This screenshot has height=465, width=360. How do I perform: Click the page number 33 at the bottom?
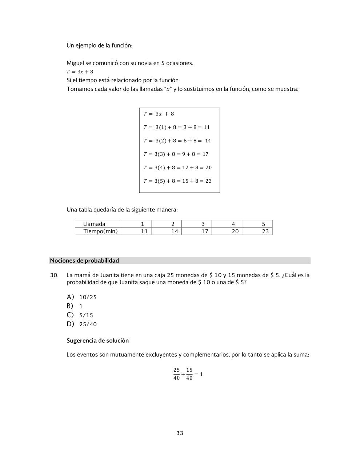coord(180,433)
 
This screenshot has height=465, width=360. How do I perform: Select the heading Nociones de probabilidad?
coord(84,260)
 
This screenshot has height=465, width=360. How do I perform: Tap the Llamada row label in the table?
coord(94,224)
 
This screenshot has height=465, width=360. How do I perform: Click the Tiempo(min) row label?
coord(100,231)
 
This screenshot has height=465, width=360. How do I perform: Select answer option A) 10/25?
coord(82,297)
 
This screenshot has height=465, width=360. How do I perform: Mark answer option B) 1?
coord(75,306)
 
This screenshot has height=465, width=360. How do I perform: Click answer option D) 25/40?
coord(82,324)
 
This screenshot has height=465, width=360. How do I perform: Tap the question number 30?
coord(54,275)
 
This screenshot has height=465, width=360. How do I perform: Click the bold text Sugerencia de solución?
coord(97,341)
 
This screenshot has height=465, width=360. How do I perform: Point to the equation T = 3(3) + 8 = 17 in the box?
coord(176,154)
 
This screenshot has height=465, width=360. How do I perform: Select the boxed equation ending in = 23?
coord(177,181)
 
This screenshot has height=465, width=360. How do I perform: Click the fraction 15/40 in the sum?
coord(189,374)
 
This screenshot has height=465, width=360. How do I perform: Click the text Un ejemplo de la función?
coord(99,45)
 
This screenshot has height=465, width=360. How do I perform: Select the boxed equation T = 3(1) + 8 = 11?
coord(177,127)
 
